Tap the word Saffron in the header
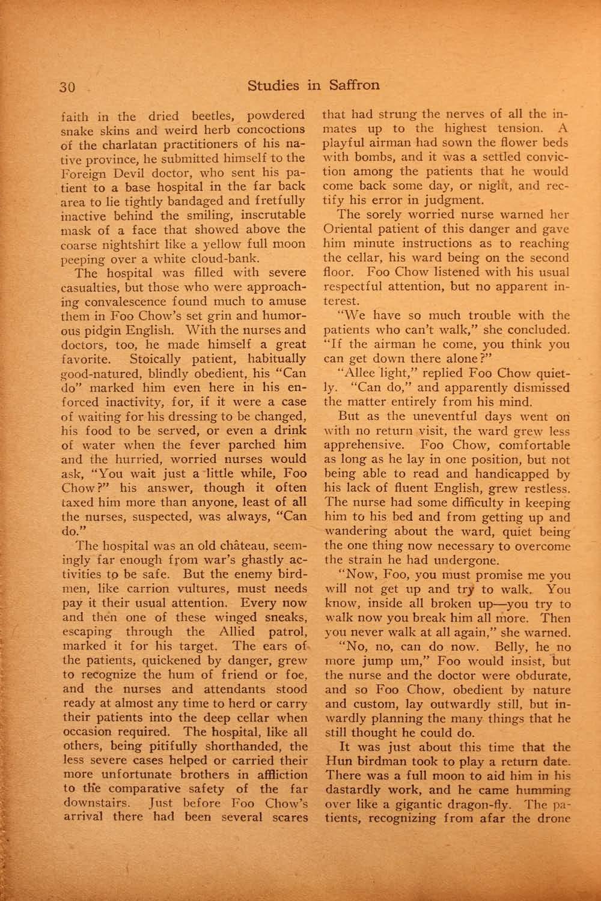click(x=354, y=85)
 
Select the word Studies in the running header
click(x=273, y=85)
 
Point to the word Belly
click(x=495, y=648)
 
